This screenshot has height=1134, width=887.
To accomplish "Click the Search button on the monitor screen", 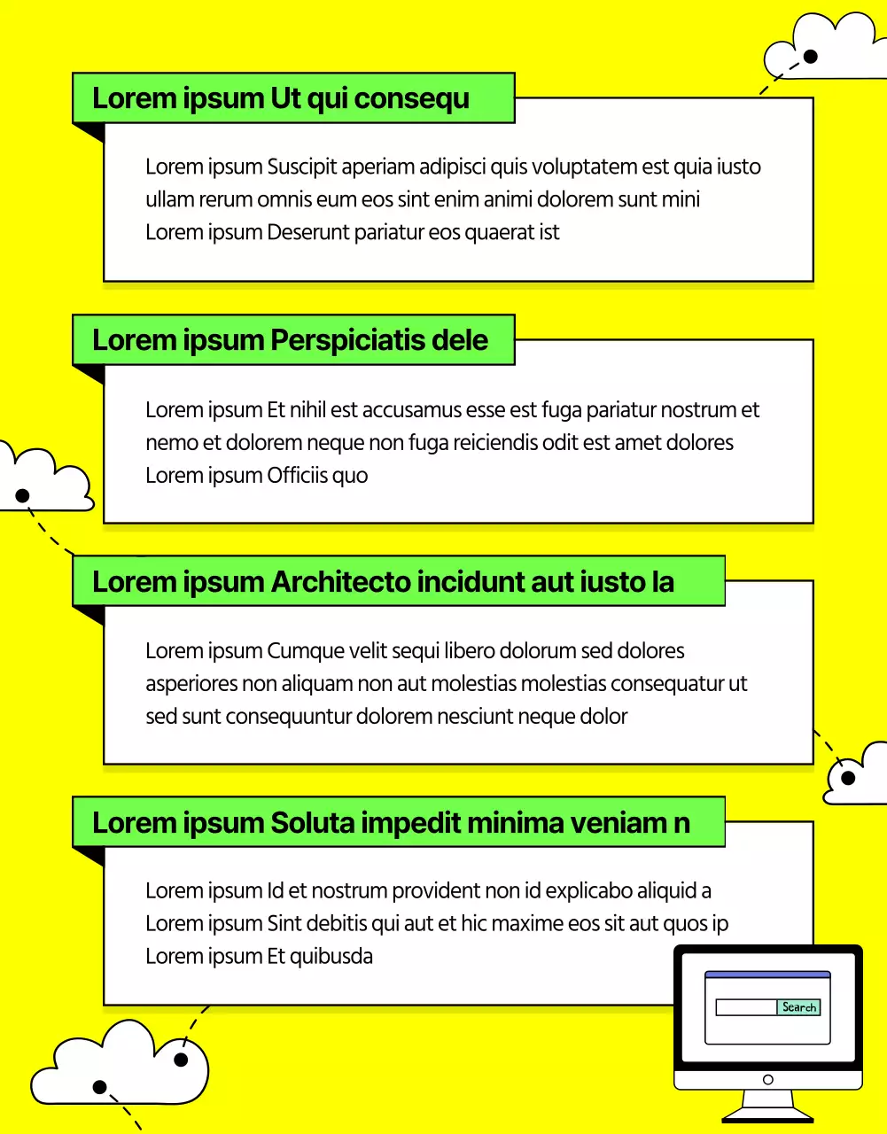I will (x=798, y=1007).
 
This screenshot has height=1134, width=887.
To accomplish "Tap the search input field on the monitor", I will (x=746, y=1007).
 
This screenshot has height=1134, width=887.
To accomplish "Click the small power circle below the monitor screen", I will (x=767, y=1080).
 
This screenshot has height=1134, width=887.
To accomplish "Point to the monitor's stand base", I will (x=767, y=1115).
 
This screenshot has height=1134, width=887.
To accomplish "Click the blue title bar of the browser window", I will (x=767, y=975).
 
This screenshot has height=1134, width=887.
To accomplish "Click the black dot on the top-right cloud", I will (x=810, y=57).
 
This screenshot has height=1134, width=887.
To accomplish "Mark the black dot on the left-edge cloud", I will (x=23, y=495).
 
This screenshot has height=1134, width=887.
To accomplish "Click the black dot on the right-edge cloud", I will (x=848, y=779).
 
